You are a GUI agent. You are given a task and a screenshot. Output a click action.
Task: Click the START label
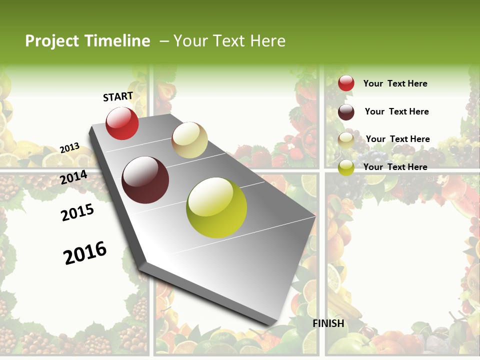tap(118, 96)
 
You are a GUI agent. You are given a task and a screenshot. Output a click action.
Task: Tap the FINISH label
tap(328, 323)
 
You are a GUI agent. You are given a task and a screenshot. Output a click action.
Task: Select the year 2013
tap(69, 148)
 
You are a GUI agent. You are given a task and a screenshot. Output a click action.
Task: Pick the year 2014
tap(74, 177)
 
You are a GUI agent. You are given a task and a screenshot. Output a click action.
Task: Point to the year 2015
tap(77, 213)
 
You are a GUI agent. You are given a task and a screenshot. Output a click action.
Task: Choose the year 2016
tap(85, 253)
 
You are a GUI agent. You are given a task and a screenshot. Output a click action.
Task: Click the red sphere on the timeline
tap(122, 123)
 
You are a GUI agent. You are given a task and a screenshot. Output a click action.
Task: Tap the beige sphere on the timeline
tap(189, 140)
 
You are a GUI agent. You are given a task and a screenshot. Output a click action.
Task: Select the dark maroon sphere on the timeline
tap(145, 180)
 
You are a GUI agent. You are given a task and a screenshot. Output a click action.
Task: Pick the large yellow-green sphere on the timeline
tap(216, 207)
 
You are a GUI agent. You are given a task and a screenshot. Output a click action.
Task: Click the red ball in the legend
tap(346, 83)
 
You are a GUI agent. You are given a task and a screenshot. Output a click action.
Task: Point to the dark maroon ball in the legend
tap(346, 112)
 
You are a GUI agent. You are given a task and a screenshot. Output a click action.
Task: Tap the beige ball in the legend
tap(346, 140)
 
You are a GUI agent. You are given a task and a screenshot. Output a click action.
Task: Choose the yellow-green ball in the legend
tap(346, 168)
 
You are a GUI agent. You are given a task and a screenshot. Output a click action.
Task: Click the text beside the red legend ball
tap(395, 83)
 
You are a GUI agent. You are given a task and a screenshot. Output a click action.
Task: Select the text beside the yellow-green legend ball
tap(395, 167)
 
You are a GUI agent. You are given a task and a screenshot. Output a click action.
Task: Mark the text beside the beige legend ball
tap(397, 139)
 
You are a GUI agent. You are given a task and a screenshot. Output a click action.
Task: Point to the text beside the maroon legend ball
tap(396, 111)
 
